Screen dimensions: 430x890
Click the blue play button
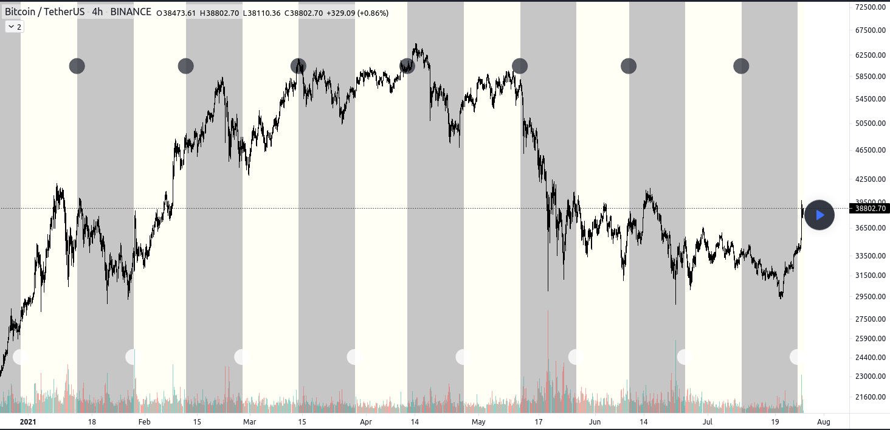819,215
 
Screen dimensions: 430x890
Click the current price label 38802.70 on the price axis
871,208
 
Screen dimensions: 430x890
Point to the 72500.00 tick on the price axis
870,7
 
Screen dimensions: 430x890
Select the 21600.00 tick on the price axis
870,397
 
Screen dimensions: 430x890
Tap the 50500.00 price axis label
870,123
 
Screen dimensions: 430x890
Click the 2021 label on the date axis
28,421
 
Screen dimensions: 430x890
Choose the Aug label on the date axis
823,421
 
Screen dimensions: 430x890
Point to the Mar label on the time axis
249,421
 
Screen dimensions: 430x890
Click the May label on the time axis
478,421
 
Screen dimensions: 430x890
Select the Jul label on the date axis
708,421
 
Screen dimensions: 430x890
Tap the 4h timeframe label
97,12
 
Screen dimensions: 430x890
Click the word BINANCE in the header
131,12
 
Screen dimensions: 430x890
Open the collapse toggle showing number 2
15,27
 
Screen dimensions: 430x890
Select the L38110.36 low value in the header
261,13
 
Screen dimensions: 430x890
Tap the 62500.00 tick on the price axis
870,55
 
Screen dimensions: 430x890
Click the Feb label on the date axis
144,421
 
